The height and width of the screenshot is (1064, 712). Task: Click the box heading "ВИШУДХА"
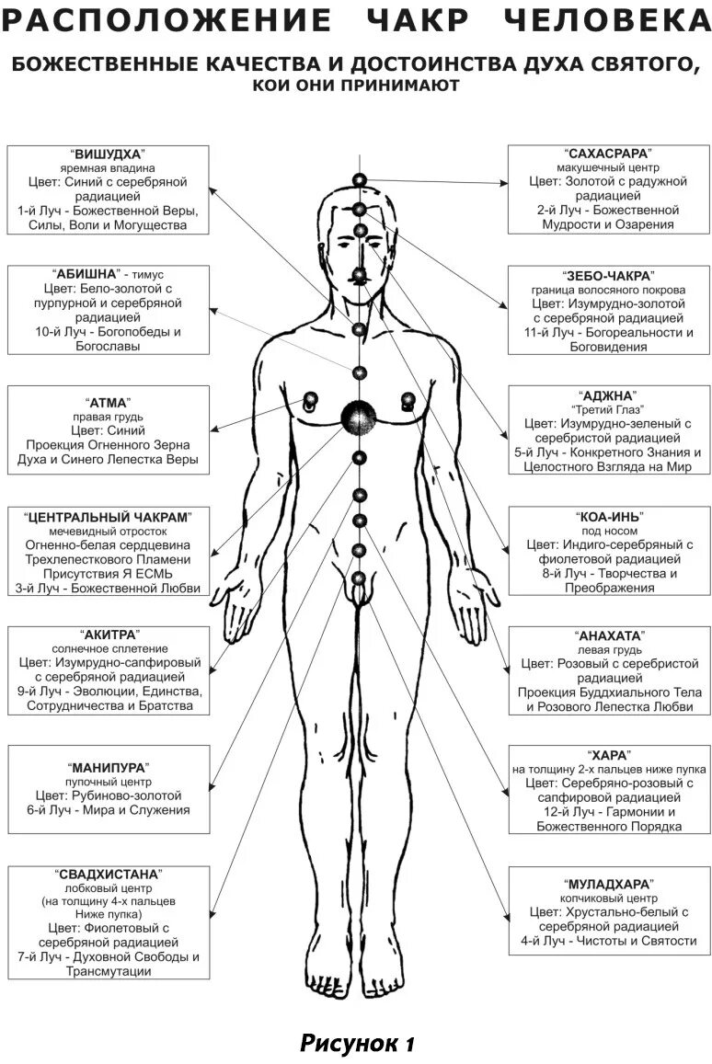click(109, 154)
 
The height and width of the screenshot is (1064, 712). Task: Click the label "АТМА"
click(108, 403)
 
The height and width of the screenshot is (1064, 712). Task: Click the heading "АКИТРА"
click(109, 635)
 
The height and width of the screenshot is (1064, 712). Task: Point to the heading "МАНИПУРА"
click(109, 766)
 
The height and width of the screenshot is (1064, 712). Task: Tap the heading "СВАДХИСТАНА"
click(109, 874)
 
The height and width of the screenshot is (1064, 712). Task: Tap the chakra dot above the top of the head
click(360, 181)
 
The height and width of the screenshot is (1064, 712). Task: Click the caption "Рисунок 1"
click(357, 1043)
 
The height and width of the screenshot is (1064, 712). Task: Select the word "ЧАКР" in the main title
click(435, 20)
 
